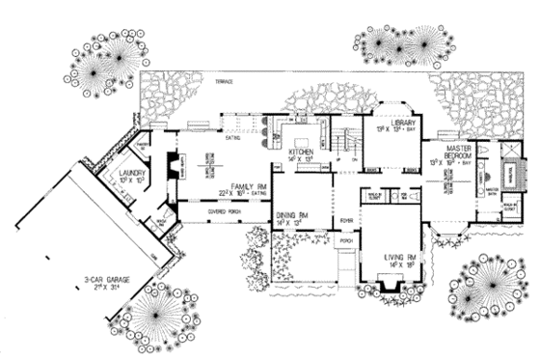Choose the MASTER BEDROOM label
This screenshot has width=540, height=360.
[456, 151]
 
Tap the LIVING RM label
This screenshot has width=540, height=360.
[391, 256]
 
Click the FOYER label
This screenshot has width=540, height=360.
[346, 219]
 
